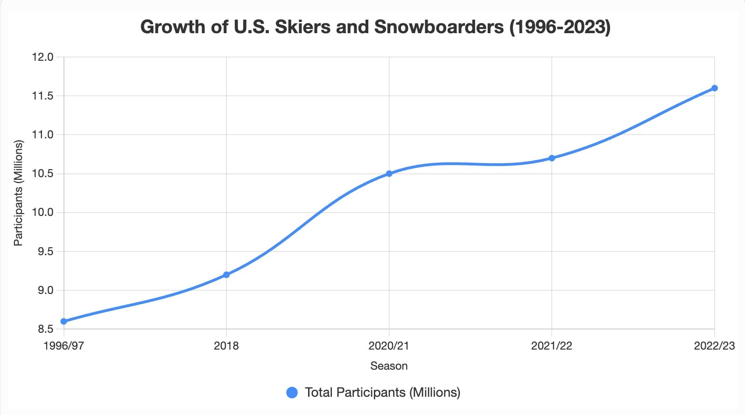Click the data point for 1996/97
pos(64,322)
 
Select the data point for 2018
pos(226,275)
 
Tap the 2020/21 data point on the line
pos(389,173)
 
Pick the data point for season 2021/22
pos(552,158)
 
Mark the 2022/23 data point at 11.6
pos(714,88)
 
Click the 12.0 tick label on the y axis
pos(42,57)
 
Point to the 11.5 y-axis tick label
pos(42,96)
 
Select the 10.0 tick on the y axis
pos(42,212)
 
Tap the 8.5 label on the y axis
pos(45,329)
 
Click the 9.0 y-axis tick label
pos(45,290)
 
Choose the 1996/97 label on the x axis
pos(64,346)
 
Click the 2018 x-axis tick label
pos(226,346)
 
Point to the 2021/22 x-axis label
pos(552,346)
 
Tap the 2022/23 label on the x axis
pos(714,346)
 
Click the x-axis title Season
pos(389,366)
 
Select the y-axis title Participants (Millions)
pos(18,193)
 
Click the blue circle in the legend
pos(292,393)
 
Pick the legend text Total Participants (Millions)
pos(382,393)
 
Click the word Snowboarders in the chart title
pos(439,27)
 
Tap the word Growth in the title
pos(173,27)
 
